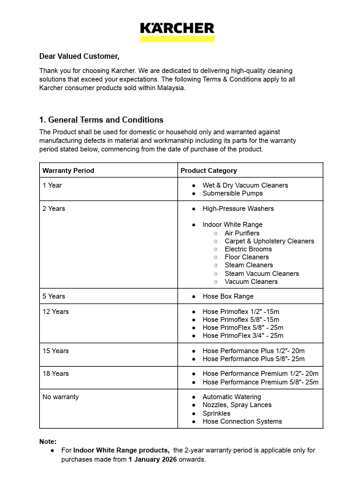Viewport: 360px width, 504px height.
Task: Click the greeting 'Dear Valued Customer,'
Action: (79, 56)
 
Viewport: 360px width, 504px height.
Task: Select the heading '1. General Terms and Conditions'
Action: (101, 120)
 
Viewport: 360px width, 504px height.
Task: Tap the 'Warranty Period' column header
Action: (68, 170)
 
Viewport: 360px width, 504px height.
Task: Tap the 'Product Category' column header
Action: (209, 170)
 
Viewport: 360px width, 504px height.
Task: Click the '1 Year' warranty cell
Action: (52, 185)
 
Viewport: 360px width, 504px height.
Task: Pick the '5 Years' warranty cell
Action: (54, 296)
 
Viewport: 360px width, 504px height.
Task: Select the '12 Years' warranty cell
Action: (56, 311)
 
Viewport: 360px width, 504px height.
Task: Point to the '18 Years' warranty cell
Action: (56, 373)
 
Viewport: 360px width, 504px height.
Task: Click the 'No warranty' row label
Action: (61, 397)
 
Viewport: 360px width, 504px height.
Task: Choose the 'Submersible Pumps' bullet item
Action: (232, 193)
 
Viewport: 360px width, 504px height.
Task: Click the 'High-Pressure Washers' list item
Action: (238, 208)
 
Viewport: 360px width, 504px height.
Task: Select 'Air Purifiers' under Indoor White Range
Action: (242, 233)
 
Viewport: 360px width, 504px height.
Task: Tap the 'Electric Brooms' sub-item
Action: (248, 249)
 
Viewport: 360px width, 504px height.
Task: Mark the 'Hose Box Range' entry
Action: (228, 296)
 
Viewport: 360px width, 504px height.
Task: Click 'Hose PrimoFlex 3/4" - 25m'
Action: (243, 335)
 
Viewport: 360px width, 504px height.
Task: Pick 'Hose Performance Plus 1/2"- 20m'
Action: (253, 351)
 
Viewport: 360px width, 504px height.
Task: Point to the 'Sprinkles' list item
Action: (216, 413)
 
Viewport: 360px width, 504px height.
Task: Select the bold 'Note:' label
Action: (48, 441)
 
